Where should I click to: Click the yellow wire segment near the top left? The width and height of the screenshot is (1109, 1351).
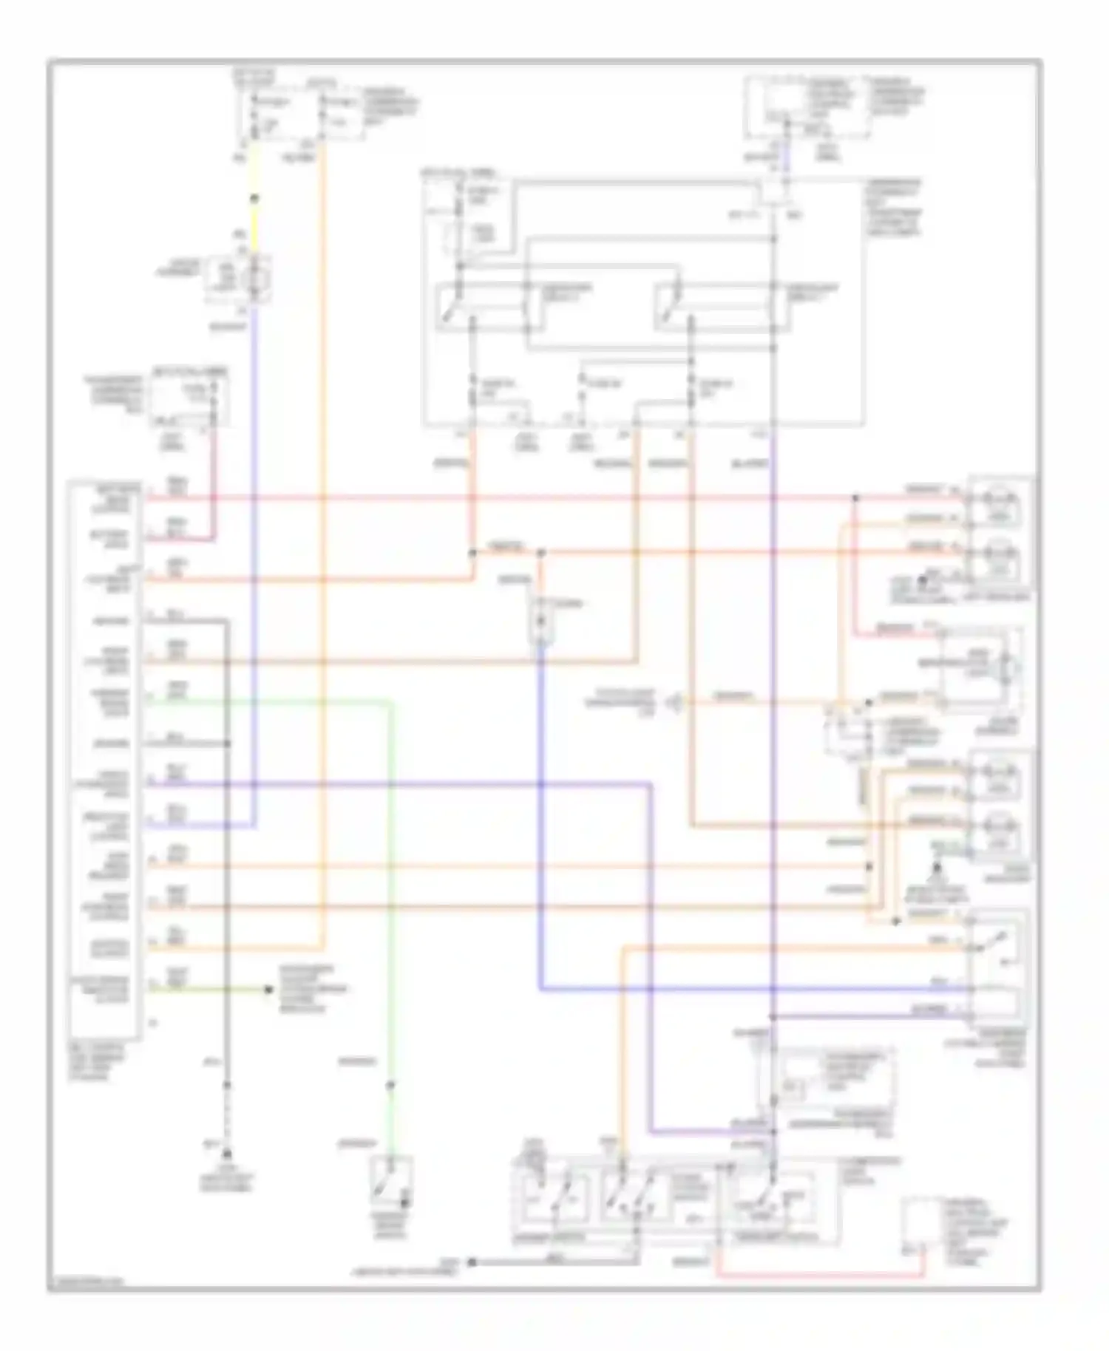(x=254, y=170)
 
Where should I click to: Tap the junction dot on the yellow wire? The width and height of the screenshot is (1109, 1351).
(x=254, y=198)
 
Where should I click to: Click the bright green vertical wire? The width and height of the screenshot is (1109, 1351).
(x=390, y=887)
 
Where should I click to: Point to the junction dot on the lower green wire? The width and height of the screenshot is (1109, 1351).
(x=390, y=1085)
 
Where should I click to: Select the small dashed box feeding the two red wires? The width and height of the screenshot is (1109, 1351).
(x=189, y=399)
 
